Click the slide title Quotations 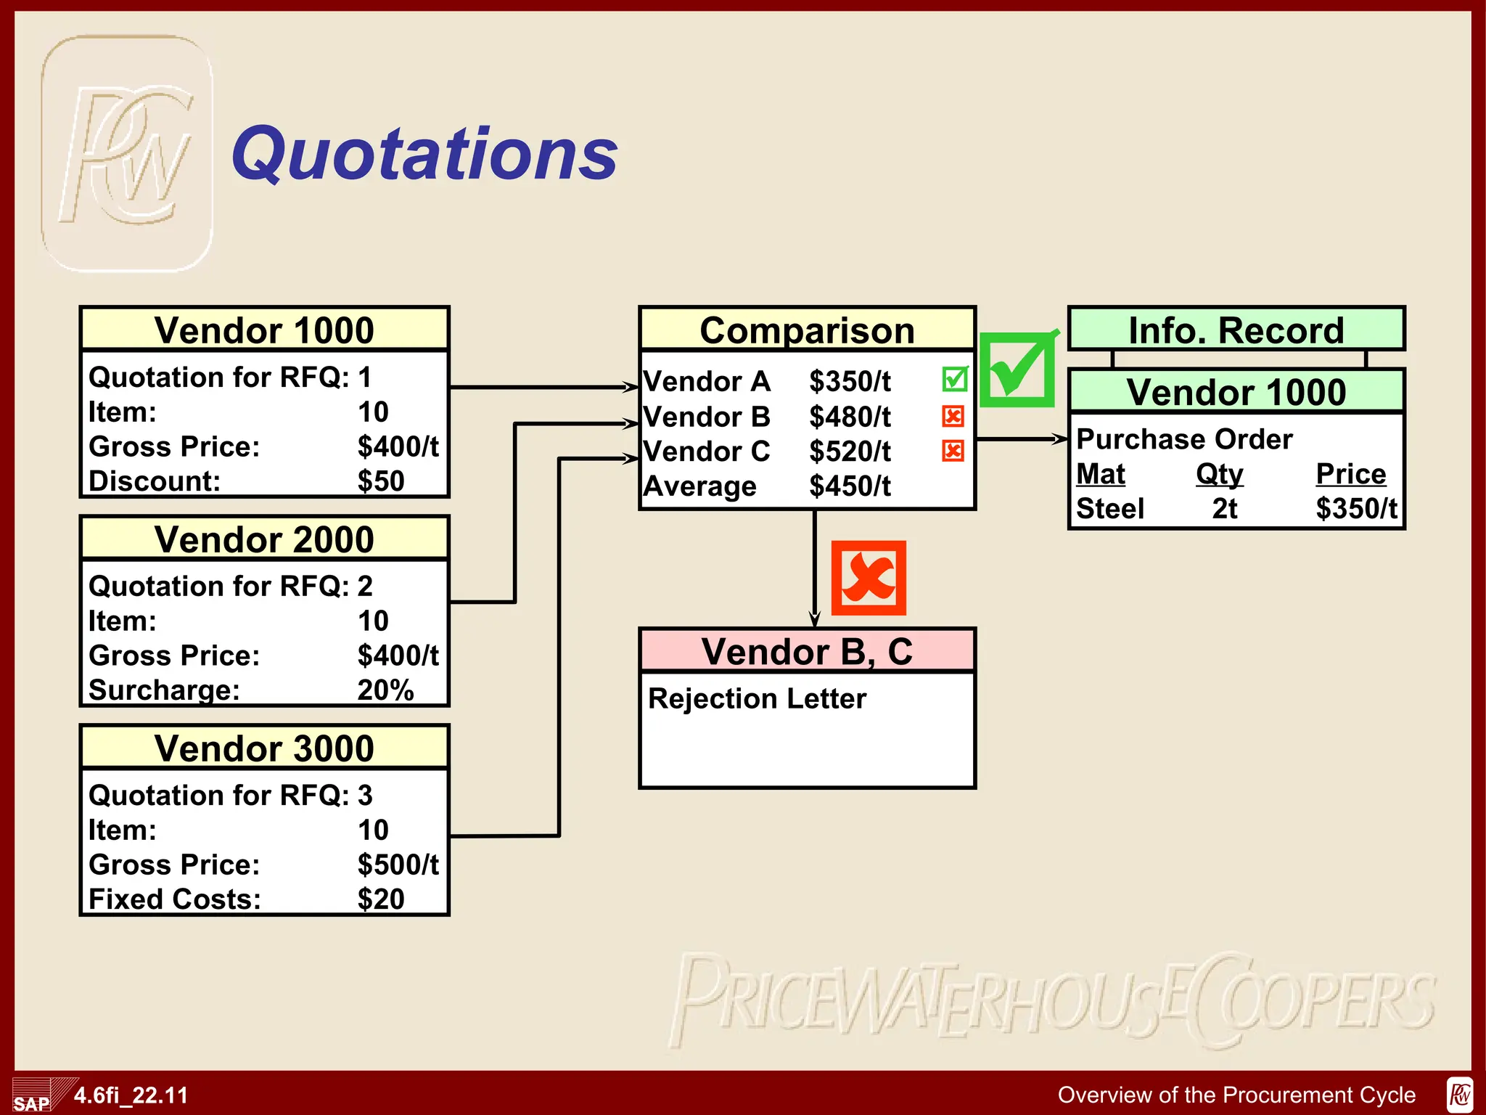(424, 154)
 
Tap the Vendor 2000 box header (264, 539)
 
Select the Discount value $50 (381, 481)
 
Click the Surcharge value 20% (385, 690)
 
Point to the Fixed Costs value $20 (381, 899)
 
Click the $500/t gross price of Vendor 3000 (398, 865)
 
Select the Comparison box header (807, 330)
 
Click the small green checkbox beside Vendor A (954, 379)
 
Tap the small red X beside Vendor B (953, 416)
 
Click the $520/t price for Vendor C (850, 452)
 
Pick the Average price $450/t (850, 486)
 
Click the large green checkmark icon (1017, 369)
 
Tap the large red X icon (869, 578)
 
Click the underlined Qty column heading (1219, 474)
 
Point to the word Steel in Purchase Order (1109, 509)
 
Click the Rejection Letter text (757, 698)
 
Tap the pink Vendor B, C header (807, 651)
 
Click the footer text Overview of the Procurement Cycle (1236, 1095)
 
